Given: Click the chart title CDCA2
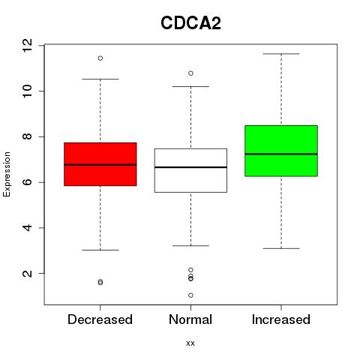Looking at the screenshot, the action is [x=190, y=23].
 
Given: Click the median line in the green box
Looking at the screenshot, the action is [x=281, y=154].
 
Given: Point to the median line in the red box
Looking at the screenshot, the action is [x=100, y=165].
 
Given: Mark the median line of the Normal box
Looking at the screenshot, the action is [x=190, y=167].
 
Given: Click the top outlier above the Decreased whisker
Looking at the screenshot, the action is [x=100, y=58].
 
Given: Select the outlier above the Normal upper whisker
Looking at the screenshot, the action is [x=190, y=73].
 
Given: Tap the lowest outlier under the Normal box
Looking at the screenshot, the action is [x=190, y=295].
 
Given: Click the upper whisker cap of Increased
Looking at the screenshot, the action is [x=281, y=54].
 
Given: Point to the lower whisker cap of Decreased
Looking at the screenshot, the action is [x=100, y=250].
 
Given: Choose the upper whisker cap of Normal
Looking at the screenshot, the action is [x=190, y=86].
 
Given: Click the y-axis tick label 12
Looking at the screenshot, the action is [x=27, y=45].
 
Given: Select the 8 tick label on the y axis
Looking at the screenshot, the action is [x=27, y=136].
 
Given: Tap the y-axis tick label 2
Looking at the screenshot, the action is [x=27, y=273].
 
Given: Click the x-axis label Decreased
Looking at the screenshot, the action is [x=100, y=319].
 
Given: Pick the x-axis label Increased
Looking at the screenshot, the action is [x=281, y=319].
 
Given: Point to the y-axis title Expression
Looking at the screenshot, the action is [x=7, y=174].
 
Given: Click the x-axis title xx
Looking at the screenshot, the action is [x=190, y=343].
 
